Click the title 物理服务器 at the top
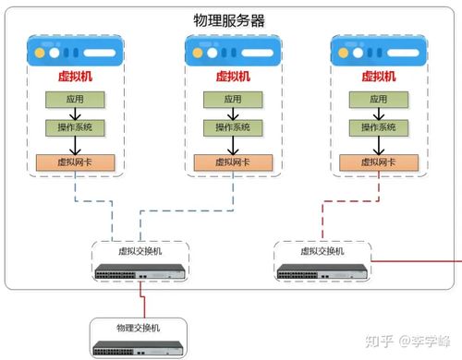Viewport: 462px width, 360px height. coord(229,19)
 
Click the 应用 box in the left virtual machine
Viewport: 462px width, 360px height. coord(72,99)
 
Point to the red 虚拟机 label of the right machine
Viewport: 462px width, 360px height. coord(377,77)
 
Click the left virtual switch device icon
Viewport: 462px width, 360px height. coord(140,271)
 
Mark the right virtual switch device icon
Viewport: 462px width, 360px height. coord(322,271)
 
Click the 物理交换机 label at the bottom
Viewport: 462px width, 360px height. coord(138,328)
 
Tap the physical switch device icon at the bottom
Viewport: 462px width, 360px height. coord(138,348)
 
